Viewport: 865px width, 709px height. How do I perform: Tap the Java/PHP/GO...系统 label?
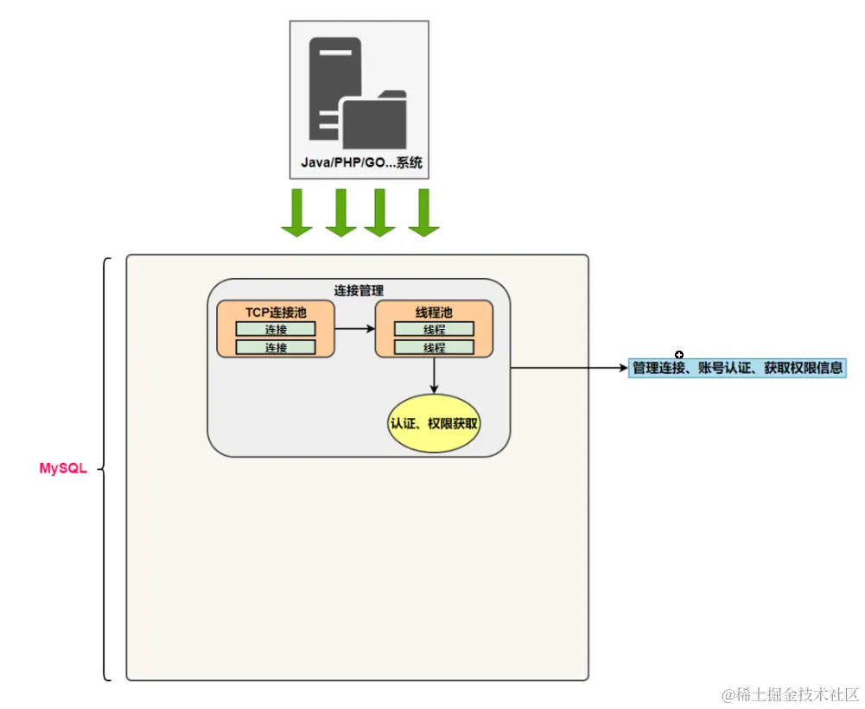[361, 162]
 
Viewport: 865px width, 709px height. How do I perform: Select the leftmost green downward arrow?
[296, 212]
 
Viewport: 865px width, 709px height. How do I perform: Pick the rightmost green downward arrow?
[423, 212]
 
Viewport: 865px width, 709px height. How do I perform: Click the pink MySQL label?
[63, 469]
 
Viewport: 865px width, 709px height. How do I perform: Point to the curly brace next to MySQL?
[105, 469]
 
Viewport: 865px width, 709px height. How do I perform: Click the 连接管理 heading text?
[359, 291]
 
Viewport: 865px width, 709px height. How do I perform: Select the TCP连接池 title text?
[276, 313]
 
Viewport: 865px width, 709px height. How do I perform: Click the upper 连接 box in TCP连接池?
[276, 329]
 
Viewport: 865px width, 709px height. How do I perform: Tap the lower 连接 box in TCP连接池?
[276, 347]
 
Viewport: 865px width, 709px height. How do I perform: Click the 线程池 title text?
[434, 313]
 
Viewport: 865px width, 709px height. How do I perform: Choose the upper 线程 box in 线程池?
[434, 329]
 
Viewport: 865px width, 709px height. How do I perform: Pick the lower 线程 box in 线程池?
[434, 347]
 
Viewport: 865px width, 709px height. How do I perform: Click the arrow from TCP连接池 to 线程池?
[355, 328]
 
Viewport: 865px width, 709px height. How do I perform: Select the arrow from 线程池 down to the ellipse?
[434, 376]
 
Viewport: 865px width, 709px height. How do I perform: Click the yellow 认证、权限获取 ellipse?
[434, 424]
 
